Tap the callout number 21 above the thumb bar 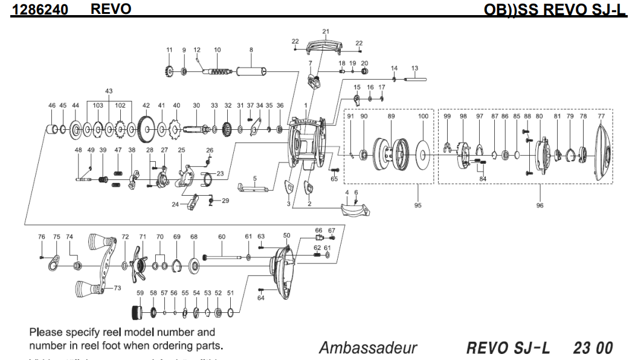(x=326, y=31)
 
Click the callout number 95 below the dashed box (x=417, y=205)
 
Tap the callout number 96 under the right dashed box (x=540, y=205)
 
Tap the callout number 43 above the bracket (x=109, y=91)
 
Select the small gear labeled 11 (x=169, y=72)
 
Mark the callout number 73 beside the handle (x=118, y=288)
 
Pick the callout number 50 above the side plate (x=286, y=235)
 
